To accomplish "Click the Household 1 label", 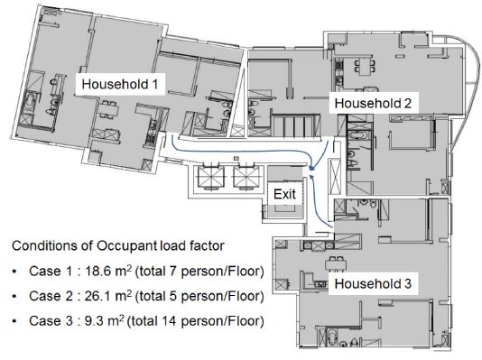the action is [x=120, y=84].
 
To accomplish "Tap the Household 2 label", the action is [x=373, y=103].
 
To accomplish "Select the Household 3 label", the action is [x=373, y=283].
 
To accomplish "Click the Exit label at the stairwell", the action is [x=284, y=194].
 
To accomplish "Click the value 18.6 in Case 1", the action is [x=98, y=272].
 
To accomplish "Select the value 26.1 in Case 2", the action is [x=98, y=296].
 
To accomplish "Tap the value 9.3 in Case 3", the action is [x=94, y=321].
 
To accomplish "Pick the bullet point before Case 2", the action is [x=14, y=297].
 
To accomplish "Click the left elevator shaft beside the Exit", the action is [x=211, y=178].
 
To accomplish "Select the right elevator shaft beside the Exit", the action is [x=246, y=178].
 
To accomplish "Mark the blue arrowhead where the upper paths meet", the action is [x=312, y=169].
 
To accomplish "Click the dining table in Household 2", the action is [x=365, y=67].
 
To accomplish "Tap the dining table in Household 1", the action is [x=108, y=109].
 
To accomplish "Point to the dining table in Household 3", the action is [x=336, y=263].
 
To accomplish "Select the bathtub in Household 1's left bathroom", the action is [x=29, y=105].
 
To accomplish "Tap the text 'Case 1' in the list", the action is [x=51, y=272].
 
